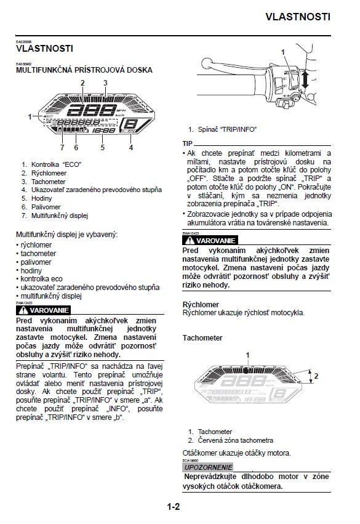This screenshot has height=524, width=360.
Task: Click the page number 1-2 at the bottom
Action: pos(173,507)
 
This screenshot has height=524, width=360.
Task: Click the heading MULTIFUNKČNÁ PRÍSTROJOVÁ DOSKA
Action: pos(84,70)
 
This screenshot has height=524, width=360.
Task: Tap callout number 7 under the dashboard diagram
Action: pos(62,148)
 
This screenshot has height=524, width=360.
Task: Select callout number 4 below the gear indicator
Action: pos(131,148)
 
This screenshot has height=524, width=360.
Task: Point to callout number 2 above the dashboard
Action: pos(82,83)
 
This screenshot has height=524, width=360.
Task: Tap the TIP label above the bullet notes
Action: pos(189,143)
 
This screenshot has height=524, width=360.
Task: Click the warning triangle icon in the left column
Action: pos(23,310)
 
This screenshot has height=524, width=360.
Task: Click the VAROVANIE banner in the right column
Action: pos(210,240)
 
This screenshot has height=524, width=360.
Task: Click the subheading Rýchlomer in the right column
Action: pos(201,304)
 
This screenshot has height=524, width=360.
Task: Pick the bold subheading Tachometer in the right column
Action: pos(202,338)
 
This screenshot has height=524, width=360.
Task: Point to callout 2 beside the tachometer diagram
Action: pos(316,375)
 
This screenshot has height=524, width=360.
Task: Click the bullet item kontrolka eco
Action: pos(41,279)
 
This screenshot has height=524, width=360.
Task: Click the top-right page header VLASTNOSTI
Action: pos(298,17)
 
